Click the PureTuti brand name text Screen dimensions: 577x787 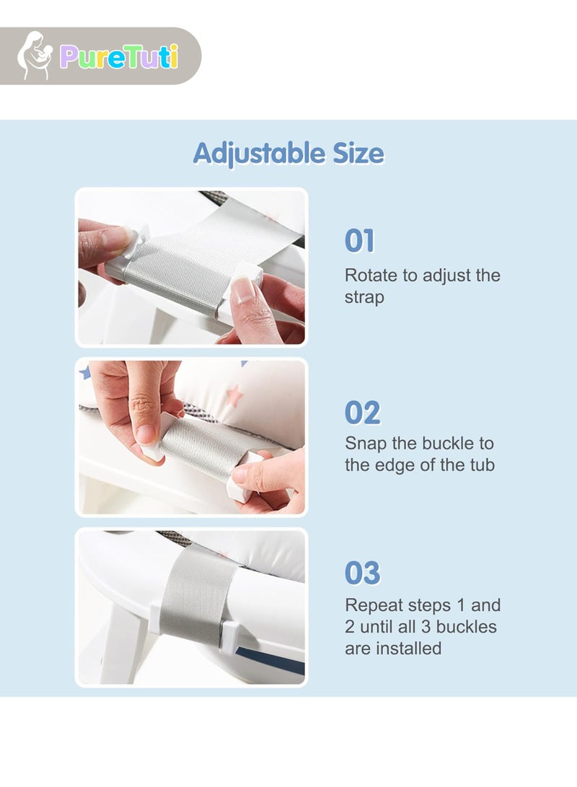point(119,56)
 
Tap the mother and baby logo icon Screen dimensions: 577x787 point(34,56)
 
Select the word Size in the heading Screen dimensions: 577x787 point(358,153)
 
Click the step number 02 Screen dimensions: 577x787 point(362,413)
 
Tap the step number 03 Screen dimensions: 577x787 point(362,573)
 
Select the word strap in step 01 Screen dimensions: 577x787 point(364,297)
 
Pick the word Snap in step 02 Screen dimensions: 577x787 point(366,444)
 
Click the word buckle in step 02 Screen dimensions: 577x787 point(445,443)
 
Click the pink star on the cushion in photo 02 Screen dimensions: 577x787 point(233,395)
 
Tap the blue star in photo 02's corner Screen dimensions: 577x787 point(84,372)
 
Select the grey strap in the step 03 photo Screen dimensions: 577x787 point(195,593)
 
